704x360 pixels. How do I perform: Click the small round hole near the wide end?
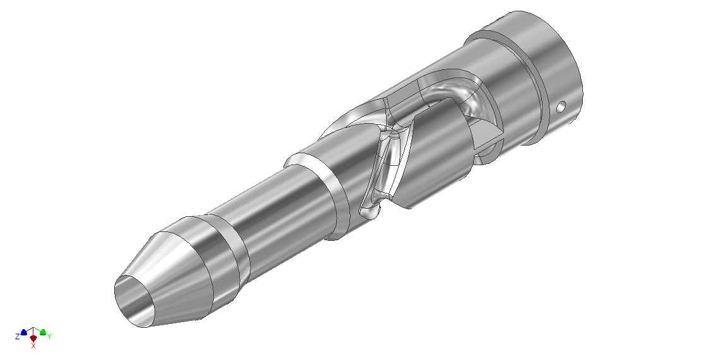click(561, 107)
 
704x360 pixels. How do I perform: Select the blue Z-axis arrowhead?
click(24, 333)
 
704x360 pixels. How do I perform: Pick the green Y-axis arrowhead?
click(43, 333)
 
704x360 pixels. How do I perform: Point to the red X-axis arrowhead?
click(33, 338)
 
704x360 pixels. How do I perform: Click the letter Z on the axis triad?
click(18, 336)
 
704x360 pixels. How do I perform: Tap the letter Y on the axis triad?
click(49, 336)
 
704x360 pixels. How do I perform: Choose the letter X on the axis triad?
click(33, 346)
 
